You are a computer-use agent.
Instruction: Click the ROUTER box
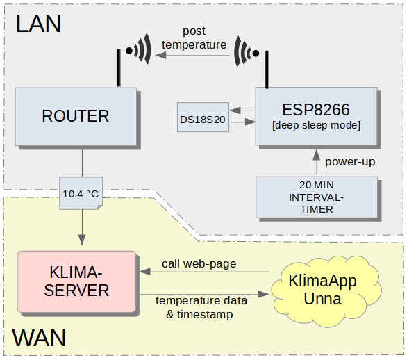coord(76,117)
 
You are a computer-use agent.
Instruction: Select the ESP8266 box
coord(316,116)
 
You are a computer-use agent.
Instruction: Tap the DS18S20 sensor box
coord(203,117)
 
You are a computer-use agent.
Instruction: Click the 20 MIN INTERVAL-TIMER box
coord(317,197)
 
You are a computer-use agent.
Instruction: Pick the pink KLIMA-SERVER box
coord(76,281)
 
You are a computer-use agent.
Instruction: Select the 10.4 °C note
coord(81,193)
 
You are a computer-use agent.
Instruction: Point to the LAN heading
coord(39,24)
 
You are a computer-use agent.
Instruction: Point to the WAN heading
coord(39,338)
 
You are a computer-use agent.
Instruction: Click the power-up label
coord(350,162)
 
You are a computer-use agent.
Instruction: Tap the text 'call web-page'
coord(199,264)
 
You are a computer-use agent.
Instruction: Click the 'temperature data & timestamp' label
coord(201,307)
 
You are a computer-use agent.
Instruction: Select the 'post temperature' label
coord(194,38)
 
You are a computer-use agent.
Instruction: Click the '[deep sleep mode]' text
coord(316,125)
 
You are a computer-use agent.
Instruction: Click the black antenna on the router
coord(119,67)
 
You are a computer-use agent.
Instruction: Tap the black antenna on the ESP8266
coord(267,69)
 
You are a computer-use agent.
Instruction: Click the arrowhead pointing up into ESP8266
coord(317,154)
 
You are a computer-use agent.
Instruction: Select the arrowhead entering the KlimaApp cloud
coord(263,294)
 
